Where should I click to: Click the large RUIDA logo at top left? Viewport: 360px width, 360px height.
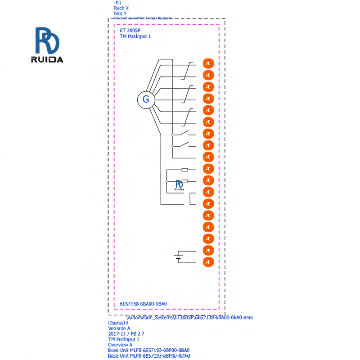coord(49,45)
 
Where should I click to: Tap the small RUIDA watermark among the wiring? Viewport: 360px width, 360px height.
coord(179,185)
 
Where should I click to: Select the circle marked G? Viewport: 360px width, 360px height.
coord(146,99)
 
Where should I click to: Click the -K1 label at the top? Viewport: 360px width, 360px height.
coord(118,2)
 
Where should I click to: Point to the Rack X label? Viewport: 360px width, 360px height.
coord(121,8)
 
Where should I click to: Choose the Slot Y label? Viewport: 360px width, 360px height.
coord(120,13)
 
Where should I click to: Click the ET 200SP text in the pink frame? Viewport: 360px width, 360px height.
coord(130,31)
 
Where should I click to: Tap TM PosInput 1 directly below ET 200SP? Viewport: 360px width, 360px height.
coord(135,36)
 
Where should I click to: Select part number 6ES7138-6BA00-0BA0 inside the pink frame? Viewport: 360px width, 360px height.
coord(143,304)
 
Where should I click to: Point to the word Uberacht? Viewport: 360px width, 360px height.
coord(118,323)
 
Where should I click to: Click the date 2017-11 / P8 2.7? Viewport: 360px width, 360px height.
coord(126,334)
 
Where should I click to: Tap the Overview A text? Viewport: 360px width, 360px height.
coord(120,345)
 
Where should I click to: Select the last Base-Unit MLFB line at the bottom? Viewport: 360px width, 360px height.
coord(148,355)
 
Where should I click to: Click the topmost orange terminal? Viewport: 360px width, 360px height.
coord(208,63)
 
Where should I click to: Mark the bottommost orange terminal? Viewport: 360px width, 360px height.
coord(208,262)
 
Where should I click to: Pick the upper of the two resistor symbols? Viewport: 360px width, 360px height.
coord(184,170)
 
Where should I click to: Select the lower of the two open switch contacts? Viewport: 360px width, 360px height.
coord(184,145)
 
